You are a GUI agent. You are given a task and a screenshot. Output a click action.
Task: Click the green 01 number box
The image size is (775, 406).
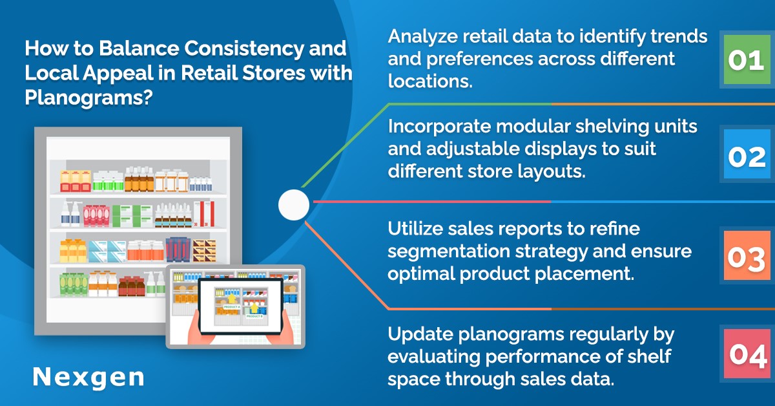tap(747, 59)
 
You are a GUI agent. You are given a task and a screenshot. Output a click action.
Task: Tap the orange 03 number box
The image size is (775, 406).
tap(747, 255)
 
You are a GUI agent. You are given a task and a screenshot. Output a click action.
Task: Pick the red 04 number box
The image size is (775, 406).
tap(747, 354)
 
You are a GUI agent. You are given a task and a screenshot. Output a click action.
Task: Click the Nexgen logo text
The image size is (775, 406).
tap(88, 378)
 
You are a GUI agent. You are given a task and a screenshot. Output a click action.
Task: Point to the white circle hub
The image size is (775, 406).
tap(294, 205)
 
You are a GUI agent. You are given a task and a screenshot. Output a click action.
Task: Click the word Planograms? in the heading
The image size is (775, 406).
tap(88, 98)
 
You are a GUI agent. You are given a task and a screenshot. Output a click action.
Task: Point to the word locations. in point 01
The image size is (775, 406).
tap(430, 81)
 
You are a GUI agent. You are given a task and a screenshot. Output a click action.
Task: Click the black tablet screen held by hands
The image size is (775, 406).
tap(241, 306)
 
